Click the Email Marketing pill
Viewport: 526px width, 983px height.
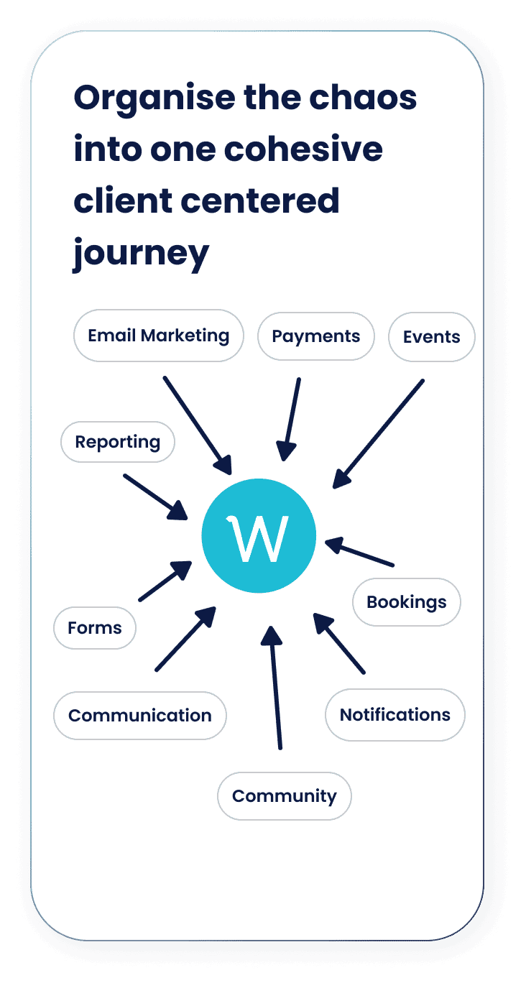[x=158, y=336]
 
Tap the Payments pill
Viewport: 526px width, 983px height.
[x=316, y=336]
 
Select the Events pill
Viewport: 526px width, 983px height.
[x=432, y=337]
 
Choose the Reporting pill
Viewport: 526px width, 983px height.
[x=118, y=442]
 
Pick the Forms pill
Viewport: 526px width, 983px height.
[x=95, y=628]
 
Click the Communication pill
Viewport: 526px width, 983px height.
[x=140, y=716]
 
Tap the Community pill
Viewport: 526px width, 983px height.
[x=285, y=796]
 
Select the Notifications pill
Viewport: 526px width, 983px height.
[x=394, y=715]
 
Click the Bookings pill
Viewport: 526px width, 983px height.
[x=407, y=602]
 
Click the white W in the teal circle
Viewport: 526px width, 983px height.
[x=258, y=537]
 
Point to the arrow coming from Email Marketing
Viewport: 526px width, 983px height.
[x=198, y=425]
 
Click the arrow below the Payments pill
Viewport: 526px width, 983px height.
[x=290, y=419]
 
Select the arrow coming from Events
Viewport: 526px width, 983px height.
[x=378, y=434]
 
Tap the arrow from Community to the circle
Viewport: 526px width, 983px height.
[x=275, y=688]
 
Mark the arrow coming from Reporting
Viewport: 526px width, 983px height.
[x=155, y=497]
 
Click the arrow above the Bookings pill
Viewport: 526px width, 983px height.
[x=359, y=552]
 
